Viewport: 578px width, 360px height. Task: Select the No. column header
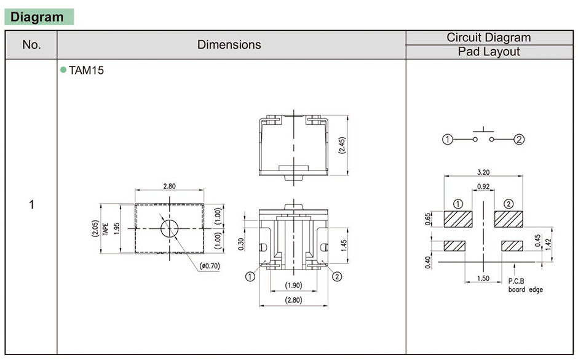31,45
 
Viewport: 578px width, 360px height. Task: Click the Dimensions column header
229,45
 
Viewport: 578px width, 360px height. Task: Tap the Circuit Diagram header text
488,38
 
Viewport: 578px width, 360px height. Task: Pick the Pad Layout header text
488,52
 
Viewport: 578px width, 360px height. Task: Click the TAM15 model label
86,70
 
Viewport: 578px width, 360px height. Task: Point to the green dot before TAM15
63,70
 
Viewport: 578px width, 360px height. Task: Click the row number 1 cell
31,204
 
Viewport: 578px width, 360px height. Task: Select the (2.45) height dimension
342,145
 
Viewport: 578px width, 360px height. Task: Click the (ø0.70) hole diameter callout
210,266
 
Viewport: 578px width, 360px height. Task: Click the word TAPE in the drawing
106,229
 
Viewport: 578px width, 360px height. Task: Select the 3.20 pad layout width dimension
483,172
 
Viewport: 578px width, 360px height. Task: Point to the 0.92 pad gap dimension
483,186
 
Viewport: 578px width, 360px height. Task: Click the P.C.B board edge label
525,285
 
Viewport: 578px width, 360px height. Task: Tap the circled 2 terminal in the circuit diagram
519,140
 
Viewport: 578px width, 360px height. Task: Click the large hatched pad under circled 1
457,218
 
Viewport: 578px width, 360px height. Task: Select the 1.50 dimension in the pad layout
483,278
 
